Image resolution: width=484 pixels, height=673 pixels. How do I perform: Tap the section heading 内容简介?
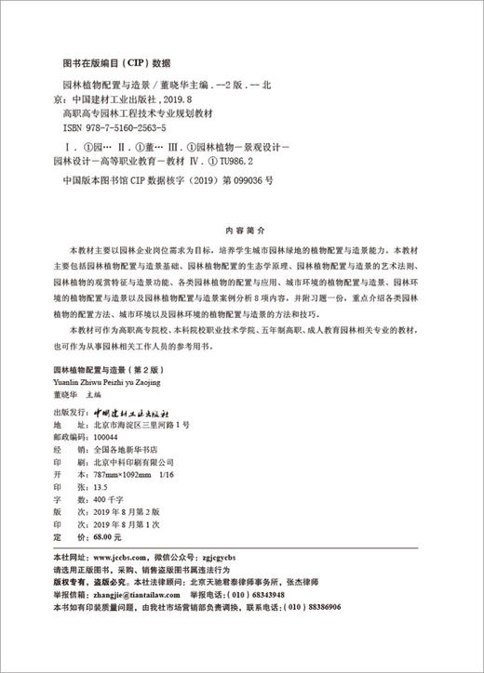tap(242, 227)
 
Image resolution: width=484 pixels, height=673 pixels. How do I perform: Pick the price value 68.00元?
tap(107, 537)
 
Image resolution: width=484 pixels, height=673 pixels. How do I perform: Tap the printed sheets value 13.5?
tap(101, 486)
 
